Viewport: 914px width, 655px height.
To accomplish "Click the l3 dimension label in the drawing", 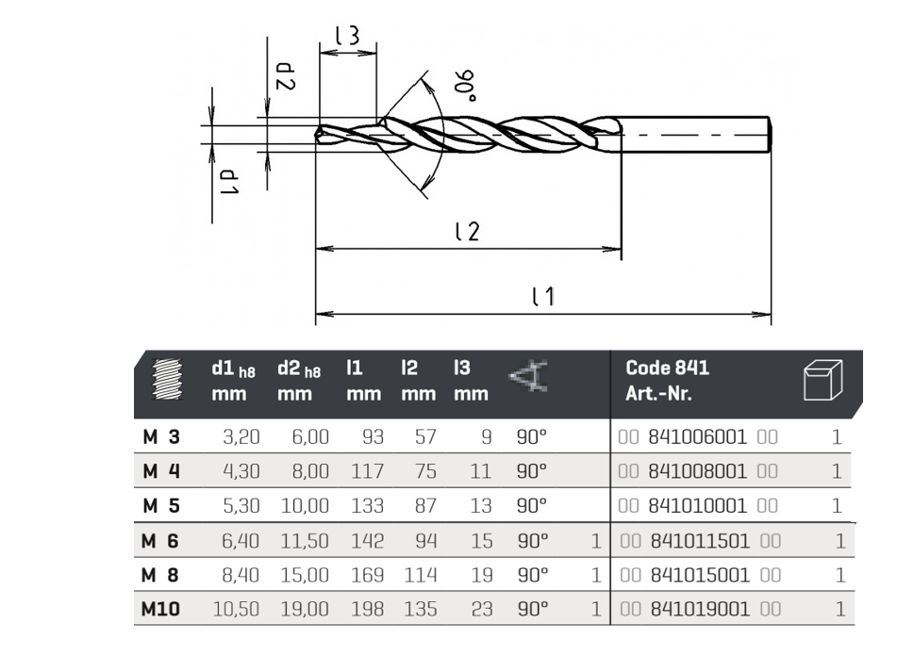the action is (348, 36).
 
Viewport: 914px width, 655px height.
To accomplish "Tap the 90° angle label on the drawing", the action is (465, 86).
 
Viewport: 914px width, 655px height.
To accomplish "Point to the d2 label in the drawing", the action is (285, 76).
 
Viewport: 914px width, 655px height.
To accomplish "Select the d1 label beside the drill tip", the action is (229, 182).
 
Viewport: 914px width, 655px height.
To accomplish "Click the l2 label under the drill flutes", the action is (467, 231).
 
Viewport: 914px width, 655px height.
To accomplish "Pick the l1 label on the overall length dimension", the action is (543, 296).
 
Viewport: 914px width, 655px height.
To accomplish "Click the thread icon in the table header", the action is (167, 379).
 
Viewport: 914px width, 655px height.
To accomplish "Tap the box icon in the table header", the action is (823, 380).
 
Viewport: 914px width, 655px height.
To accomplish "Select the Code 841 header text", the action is (668, 368).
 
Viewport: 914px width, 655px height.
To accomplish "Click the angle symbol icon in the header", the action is (529, 376).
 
